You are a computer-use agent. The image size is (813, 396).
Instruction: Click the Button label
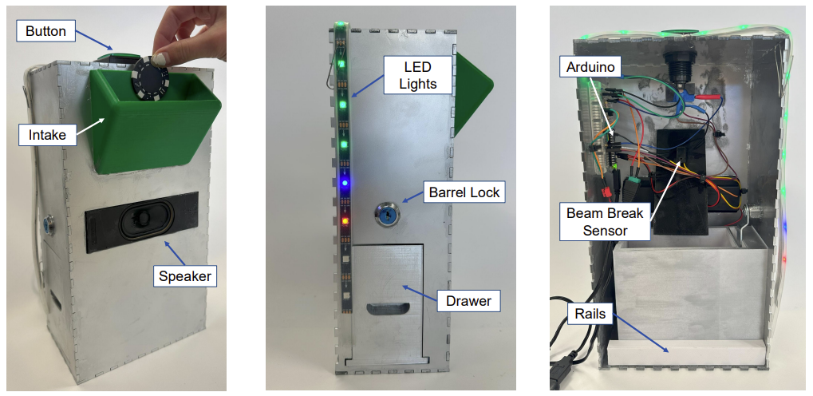point(45,32)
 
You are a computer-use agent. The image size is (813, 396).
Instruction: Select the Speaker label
point(184,276)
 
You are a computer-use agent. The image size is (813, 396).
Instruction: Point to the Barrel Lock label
point(464,192)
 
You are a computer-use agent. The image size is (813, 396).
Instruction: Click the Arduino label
point(590,67)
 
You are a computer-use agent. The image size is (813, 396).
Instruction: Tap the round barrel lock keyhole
point(387,213)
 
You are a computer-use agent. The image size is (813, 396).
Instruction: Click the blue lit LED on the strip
point(344,183)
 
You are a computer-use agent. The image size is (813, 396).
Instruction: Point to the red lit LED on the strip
point(345,220)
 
